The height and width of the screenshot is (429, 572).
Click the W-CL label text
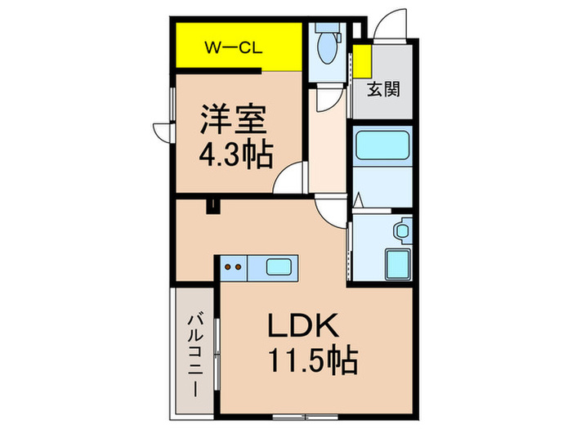(233, 47)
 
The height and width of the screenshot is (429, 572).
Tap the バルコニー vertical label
(196, 355)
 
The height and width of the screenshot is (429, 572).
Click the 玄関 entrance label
(382, 89)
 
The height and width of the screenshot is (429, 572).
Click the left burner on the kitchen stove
(229, 266)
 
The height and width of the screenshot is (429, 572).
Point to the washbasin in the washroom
(402, 230)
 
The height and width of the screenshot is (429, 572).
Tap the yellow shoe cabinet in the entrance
(360, 61)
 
